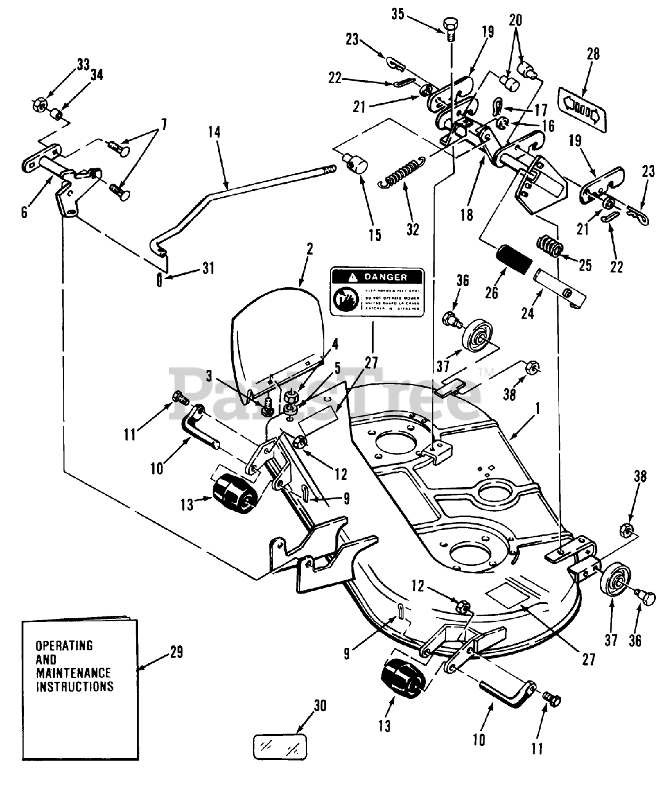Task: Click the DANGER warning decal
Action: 377,292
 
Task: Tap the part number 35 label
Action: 399,14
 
